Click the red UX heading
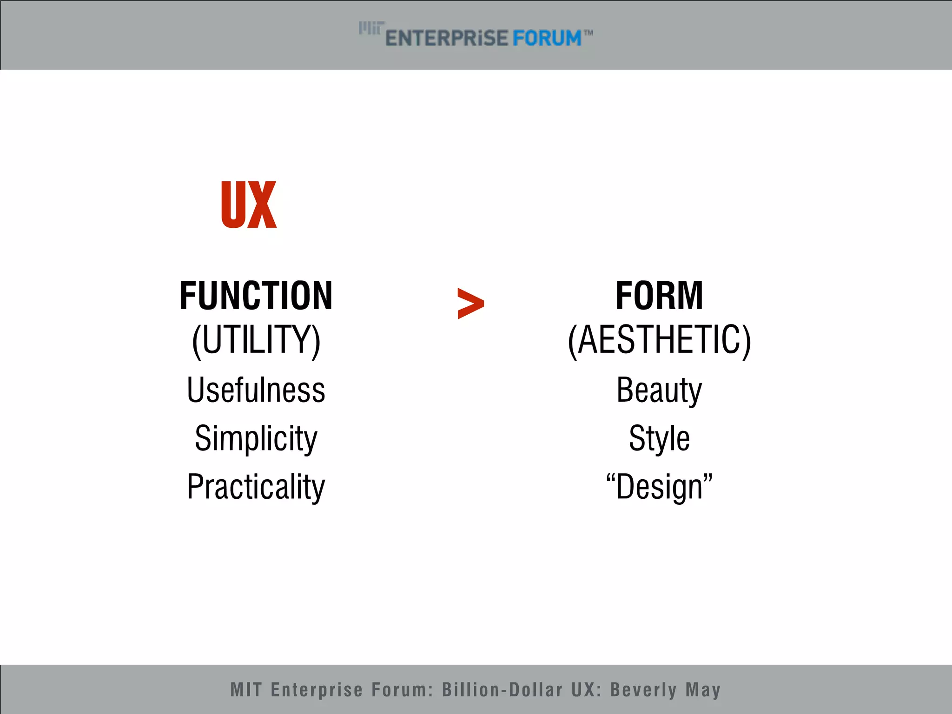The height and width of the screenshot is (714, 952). [249, 205]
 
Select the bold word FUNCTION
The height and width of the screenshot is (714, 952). [256, 296]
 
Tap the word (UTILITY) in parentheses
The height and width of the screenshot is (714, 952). [256, 340]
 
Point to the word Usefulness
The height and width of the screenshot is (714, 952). [256, 390]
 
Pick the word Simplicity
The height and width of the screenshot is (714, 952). [256, 438]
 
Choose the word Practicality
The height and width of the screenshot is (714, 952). [256, 487]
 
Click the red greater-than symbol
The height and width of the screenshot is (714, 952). [470, 304]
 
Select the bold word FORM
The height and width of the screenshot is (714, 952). [659, 296]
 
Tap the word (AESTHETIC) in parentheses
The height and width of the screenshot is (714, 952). [659, 340]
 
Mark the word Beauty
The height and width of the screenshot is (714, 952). [659, 390]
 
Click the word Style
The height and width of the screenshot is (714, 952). [659, 438]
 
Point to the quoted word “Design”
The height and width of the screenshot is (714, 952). [659, 487]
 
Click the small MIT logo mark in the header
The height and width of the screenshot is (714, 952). [371, 28]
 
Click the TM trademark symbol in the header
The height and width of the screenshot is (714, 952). [588, 33]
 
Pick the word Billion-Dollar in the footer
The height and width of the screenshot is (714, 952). [502, 690]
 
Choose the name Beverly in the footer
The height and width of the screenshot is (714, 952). [643, 690]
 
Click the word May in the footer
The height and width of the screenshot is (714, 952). [703, 690]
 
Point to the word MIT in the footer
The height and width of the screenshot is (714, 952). [246, 690]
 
